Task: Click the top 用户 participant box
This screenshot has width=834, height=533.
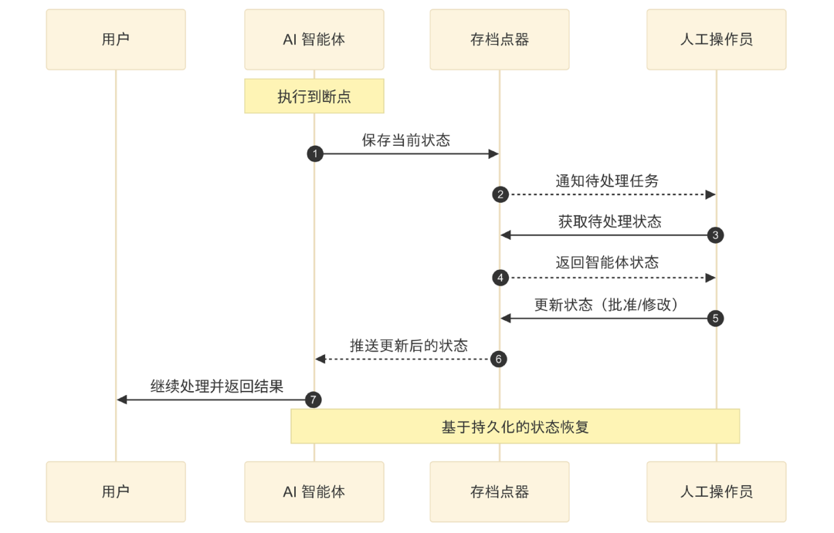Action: pyautogui.click(x=116, y=39)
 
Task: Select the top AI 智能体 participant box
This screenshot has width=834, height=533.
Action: pyautogui.click(x=314, y=39)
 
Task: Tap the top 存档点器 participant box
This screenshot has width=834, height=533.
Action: pyautogui.click(x=500, y=39)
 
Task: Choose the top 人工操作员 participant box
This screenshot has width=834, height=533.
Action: pyautogui.click(x=716, y=39)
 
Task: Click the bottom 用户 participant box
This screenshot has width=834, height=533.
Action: pyautogui.click(x=116, y=491)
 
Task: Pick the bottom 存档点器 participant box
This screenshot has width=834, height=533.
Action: pyautogui.click(x=500, y=491)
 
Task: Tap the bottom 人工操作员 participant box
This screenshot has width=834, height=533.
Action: pyautogui.click(x=716, y=491)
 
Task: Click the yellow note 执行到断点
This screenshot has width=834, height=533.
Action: pyautogui.click(x=314, y=96)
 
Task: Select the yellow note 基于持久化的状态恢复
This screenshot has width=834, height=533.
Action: pyautogui.click(x=515, y=427)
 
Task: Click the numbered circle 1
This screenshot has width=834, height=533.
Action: pyautogui.click(x=314, y=153)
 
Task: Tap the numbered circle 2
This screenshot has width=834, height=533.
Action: pyautogui.click(x=500, y=194)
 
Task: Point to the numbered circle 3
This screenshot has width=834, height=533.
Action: pyautogui.click(x=716, y=235)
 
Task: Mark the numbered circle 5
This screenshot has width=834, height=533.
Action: pyautogui.click(x=716, y=318)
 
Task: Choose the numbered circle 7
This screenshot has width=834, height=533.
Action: pyautogui.click(x=314, y=400)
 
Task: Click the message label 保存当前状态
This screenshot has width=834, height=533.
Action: pyautogui.click(x=406, y=140)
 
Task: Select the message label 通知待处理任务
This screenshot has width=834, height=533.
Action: pyautogui.click(x=607, y=181)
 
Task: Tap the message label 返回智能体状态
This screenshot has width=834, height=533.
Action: pyautogui.click(x=607, y=263)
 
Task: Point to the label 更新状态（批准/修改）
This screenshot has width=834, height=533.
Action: pyautogui.click(x=607, y=305)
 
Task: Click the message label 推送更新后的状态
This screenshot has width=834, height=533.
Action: pyautogui.click(x=409, y=346)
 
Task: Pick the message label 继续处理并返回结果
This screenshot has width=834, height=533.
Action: pyautogui.click(x=217, y=386)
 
